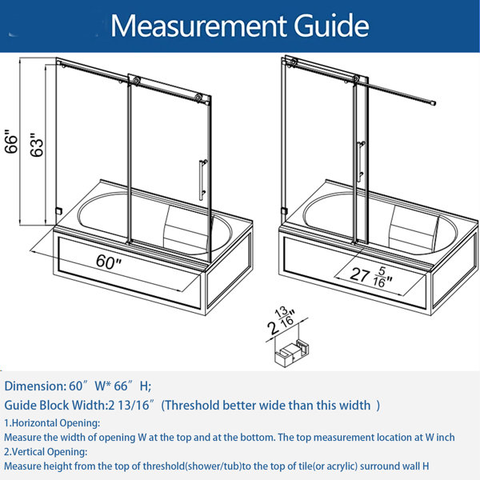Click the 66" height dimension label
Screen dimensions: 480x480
[x=11, y=142]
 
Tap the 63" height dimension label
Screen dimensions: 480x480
[x=37, y=146]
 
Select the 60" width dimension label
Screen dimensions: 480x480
[x=109, y=262]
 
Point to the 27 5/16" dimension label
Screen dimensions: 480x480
[x=370, y=277]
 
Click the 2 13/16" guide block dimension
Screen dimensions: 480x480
[x=282, y=321]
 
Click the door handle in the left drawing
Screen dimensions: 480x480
[x=202, y=180]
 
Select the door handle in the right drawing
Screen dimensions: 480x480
[x=362, y=161]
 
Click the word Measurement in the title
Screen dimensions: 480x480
[x=198, y=26]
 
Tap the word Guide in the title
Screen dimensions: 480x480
[x=331, y=26]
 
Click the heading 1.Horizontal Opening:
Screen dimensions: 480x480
[x=52, y=423]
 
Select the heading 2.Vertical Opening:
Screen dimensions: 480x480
[x=46, y=452]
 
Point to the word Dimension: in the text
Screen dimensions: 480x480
[x=35, y=386]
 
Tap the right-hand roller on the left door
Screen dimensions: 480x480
[x=199, y=98]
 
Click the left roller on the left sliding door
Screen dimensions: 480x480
[x=136, y=80]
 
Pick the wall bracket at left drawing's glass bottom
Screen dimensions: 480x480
[x=58, y=211]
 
